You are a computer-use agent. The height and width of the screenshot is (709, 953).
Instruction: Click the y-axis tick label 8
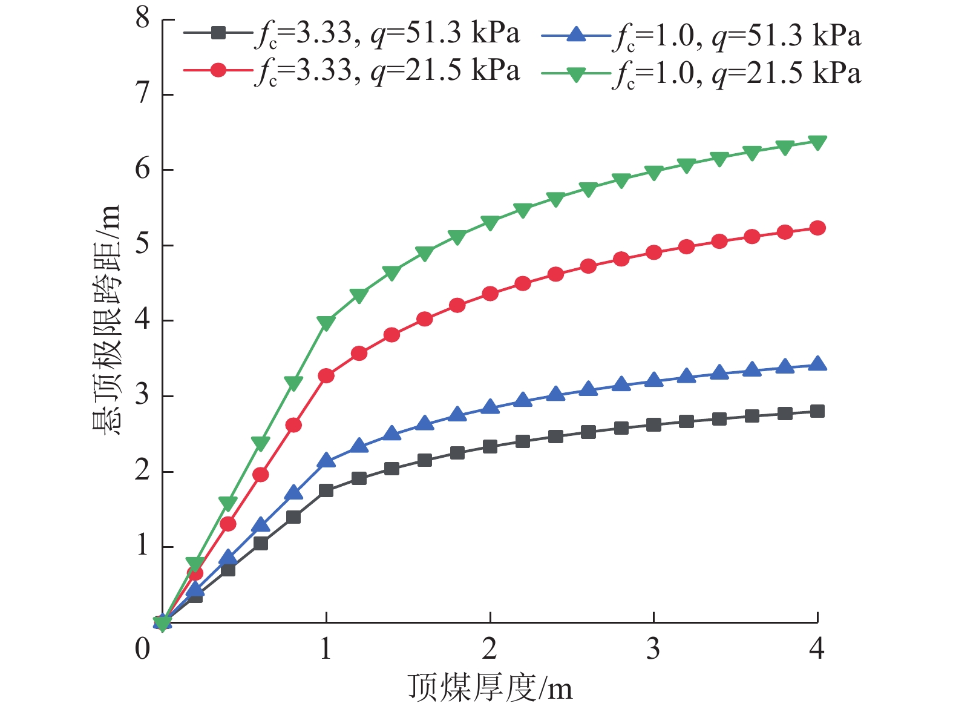(x=143, y=19)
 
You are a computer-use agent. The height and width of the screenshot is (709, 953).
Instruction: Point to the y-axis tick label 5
(x=143, y=244)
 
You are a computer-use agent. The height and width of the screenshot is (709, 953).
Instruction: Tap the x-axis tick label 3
(x=653, y=649)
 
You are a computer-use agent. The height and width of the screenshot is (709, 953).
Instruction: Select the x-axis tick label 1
(x=326, y=649)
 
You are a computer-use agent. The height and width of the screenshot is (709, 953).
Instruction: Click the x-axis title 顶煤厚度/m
(x=490, y=687)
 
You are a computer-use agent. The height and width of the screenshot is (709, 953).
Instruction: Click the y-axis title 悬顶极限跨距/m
(x=107, y=320)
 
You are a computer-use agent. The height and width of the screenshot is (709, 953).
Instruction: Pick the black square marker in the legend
(x=218, y=33)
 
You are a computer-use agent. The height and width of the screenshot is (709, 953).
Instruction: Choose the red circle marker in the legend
(x=218, y=70)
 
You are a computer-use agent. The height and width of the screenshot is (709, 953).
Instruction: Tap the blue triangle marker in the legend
(x=576, y=35)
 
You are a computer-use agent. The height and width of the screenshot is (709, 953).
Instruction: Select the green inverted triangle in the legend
(x=576, y=74)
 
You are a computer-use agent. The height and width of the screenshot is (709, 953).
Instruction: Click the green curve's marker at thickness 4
(x=817, y=143)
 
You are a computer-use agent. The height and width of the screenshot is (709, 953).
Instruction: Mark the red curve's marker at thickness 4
(x=817, y=228)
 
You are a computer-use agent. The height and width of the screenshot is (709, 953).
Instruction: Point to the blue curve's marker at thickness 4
(x=817, y=363)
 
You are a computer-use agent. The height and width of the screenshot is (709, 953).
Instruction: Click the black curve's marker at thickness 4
(x=817, y=412)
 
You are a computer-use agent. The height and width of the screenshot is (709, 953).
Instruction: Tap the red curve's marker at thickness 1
(x=326, y=376)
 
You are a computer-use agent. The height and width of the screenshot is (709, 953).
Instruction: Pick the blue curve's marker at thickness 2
(x=490, y=406)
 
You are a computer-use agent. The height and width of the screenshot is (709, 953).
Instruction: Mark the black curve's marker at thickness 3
(x=653, y=425)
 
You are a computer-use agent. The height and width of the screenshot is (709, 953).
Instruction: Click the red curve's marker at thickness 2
(x=490, y=294)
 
